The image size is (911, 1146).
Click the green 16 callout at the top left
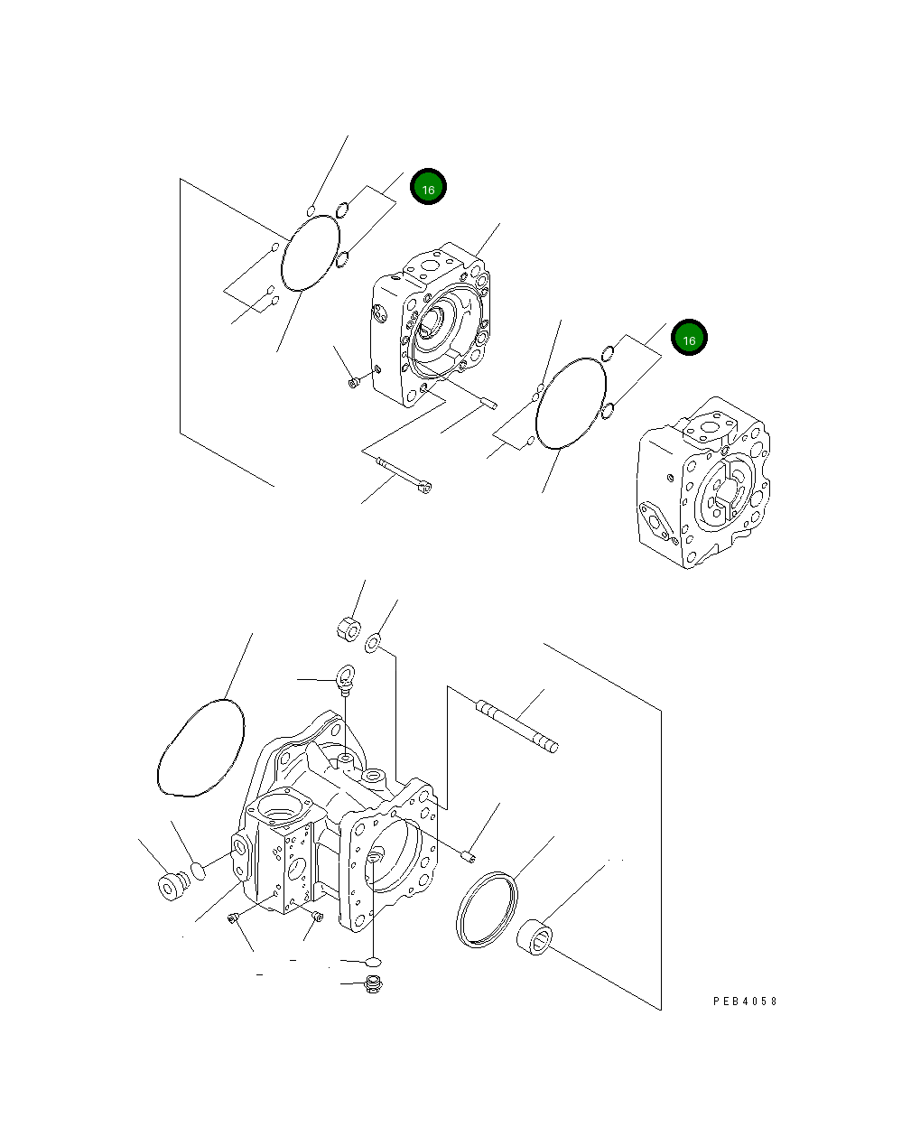pyautogui.click(x=428, y=188)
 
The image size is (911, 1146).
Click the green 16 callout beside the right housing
pyautogui.click(x=689, y=338)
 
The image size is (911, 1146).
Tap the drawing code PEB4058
pyautogui.click(x=744, y=1002)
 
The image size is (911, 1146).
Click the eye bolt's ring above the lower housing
pyautogui.click(x=346, y=673)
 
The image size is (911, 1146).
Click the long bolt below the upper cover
pyautogui.click(x=404, y=475)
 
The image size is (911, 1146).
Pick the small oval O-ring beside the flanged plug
pyautogui.click(x=198, y=871)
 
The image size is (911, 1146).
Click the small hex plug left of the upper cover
pyautogui.click(x=354, y=383)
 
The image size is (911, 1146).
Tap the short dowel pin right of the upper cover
pyautogui.click(x=488, y=403)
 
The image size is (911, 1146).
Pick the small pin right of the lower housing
pyautogui.click(x=468, y=853)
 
